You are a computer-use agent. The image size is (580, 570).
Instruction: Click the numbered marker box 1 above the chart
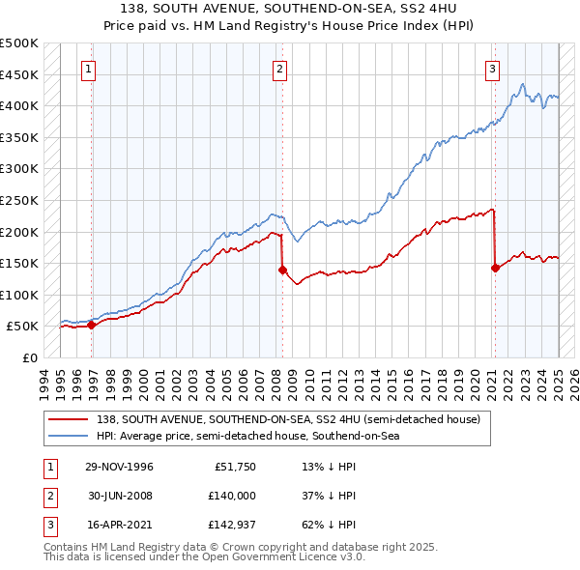pos(88,69)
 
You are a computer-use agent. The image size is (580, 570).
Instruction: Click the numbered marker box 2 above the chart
pos(279,69)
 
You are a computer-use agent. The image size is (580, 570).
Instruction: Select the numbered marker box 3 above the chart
pos(492,69)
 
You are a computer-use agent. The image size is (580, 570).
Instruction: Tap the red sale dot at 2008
pos(283,270)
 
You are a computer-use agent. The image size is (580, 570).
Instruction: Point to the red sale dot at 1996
pos(92,325)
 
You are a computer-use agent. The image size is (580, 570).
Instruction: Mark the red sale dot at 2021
pos(495,268)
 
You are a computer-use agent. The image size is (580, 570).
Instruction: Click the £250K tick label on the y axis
pos(19,200)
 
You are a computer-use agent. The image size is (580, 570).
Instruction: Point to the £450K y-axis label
pos(19,74)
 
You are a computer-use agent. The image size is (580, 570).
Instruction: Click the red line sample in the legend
pos(70,418)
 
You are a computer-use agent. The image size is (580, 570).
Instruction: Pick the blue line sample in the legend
pos(70,437)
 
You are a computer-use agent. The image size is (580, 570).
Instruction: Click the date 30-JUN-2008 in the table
pos(119,496)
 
